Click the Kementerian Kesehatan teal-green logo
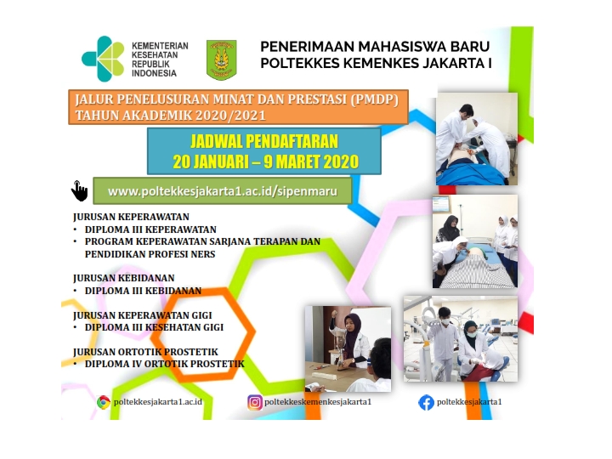103,59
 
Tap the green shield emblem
221,59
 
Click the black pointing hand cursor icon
79,191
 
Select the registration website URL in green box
223,191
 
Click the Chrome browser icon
104,402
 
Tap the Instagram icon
254,402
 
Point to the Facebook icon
426,402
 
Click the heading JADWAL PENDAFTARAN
264,142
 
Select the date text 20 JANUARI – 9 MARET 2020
265,161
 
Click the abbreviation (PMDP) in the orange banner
374,99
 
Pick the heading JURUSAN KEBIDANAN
124,278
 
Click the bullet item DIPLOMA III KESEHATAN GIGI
154,327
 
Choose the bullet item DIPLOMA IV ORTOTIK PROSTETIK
164,364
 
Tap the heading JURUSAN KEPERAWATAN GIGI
143,315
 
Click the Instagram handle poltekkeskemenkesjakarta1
318,401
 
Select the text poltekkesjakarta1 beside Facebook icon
469,401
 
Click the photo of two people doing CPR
477,139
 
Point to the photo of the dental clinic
461,339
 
